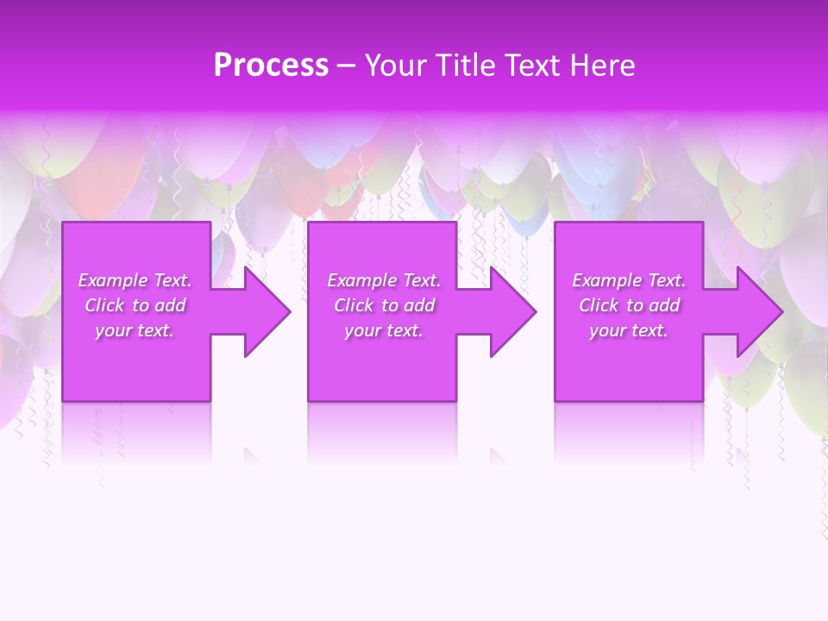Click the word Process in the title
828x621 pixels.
pos(271,65)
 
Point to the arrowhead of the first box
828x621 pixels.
pos(263,311)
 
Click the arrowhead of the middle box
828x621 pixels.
pos(510,311)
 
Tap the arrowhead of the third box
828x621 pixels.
pos(756,311)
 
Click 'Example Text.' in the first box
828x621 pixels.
pos(135,280)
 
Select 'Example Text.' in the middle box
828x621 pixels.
pos(384,280)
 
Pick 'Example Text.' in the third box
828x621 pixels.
pos(629,280)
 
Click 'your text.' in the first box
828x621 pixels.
pos(135,330)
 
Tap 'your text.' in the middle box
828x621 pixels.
pos(384,330)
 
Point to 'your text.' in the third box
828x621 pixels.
pos(629,330)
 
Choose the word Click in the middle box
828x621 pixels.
pos(354,305)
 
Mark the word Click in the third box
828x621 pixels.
pos(599,305)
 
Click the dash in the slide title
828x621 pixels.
pos(346,66)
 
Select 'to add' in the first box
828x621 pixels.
pos(159,305)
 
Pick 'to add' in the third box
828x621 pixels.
pos(653,305)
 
